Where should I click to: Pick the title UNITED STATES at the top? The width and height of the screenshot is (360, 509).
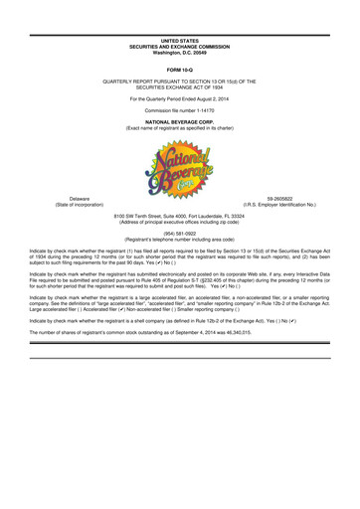[180, 13]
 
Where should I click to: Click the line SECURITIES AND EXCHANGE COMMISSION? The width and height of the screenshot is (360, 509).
[180, 19]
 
